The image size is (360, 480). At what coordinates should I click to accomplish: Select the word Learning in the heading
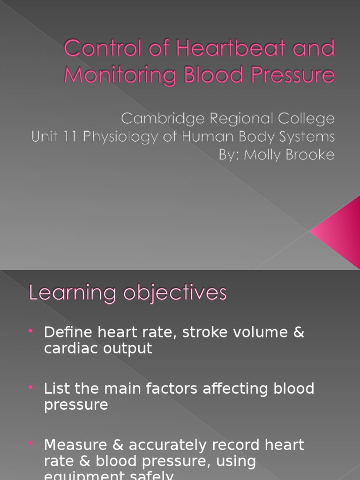pos(72,293)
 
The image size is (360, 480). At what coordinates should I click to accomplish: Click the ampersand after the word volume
pos(299,332)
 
